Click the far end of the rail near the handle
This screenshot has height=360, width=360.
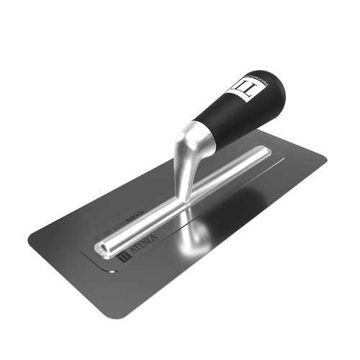265,152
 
